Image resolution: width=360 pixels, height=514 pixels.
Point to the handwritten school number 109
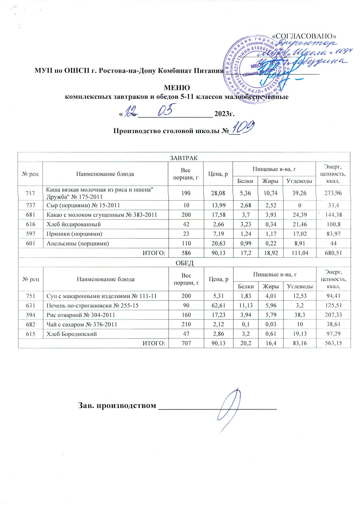(243, 128)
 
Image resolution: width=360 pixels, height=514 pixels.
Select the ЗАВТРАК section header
(184, 157)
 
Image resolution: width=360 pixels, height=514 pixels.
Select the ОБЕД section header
(184, 263)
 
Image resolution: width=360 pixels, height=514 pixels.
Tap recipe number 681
(30, 215)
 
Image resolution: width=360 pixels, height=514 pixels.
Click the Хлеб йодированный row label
(74, 224)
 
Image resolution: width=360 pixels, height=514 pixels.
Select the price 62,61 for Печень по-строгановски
(219, 305)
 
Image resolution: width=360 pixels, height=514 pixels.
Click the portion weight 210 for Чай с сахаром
(186, 324)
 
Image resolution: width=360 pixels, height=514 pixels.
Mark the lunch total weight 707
(186, 343)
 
